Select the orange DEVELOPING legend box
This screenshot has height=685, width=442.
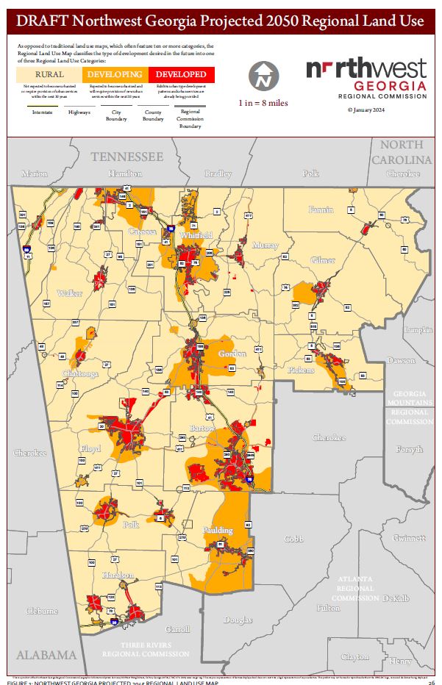[x=115, y=74]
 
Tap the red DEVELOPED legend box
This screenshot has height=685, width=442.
[x=180, y=74]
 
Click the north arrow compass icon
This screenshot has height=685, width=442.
[x=263, y=75]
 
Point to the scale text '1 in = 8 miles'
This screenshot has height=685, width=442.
[x=262, y=104]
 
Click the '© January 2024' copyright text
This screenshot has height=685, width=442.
[x=366, y=110]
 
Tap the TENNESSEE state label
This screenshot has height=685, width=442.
[x=126, y=157]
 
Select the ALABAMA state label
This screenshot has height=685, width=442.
[x=47, y=655]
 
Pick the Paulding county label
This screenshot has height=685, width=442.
[x=217, y=530]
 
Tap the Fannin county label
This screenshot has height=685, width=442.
[x=321, y=210]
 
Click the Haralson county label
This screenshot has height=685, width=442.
[x=118, y=575]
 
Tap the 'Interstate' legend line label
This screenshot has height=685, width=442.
[x=42, y=112]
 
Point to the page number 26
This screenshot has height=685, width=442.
[x=431, y=681]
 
